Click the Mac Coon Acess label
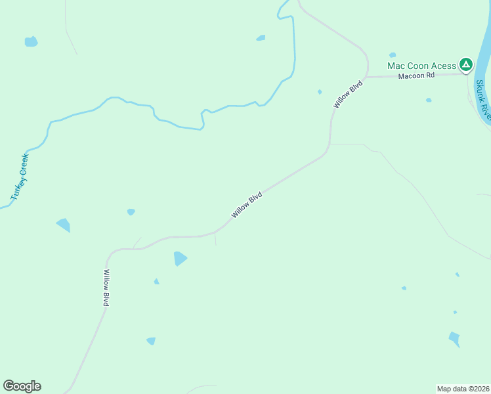coord(421,66)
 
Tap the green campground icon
coord(465,64)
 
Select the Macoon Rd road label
coord(416,76)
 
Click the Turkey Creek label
coord(20,177)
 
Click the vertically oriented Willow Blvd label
coord(106,288)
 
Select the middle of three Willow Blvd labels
coord(247,205)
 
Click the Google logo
coord(22,386)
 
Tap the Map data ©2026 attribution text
coord(463,388)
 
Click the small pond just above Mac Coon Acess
coord(393,55)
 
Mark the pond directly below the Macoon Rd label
coord(429,100)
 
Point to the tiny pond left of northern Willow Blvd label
coord(320,92)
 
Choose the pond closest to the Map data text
coord(454,339)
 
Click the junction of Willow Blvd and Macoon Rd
coord(367,77)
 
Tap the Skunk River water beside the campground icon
coord(482,66)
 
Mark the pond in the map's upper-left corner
coord(31,41)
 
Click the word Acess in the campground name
coord(443,66)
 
